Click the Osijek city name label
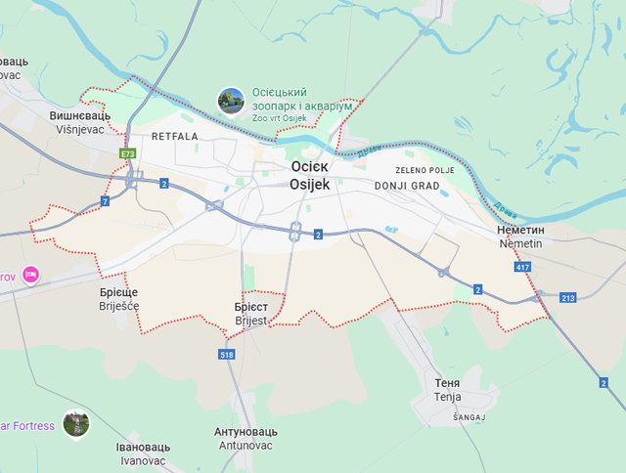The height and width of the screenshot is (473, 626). [x=311, y=175]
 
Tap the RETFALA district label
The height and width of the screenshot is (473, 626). [x=174, y=137]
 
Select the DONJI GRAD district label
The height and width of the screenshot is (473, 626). [x=407, y=184]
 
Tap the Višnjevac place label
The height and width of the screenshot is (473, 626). [x=80, y=122]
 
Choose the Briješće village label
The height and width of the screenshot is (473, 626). [x=119, y=299]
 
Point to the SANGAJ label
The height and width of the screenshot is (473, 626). [x=469, y=416]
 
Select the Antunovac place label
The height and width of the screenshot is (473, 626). [x=246, y=438]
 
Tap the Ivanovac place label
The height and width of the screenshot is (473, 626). [x=144, y=453]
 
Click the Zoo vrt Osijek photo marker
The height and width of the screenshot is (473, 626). [x=231, y=101]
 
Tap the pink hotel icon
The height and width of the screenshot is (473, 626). [x=30, y=276]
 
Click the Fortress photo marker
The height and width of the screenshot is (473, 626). [x=75, y=424]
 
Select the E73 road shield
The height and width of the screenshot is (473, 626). [x=129, y=153]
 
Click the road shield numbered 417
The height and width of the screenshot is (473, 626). [x=522, y=266]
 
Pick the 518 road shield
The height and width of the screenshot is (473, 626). [x=228, y=355]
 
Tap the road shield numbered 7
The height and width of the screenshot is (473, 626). [x=105, y=201]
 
